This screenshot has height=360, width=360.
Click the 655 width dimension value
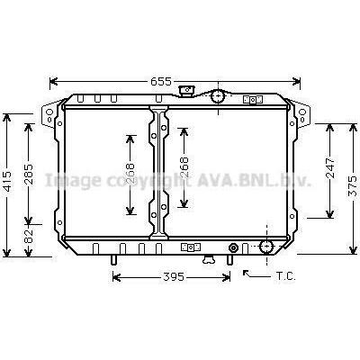[161, 81]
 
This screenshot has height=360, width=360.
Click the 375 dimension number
[352, 187]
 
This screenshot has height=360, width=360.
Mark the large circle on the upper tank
[218, 97]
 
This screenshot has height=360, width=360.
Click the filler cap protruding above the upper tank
[187, 89]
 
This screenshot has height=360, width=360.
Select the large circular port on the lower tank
[266, 247]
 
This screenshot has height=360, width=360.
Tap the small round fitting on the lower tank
[234, 247]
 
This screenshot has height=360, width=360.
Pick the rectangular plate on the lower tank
[190, 247]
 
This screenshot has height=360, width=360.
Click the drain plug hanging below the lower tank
[209, 260]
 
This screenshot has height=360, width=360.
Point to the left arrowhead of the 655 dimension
[51, 81]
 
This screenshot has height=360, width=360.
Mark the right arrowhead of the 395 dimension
[229, 277]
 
